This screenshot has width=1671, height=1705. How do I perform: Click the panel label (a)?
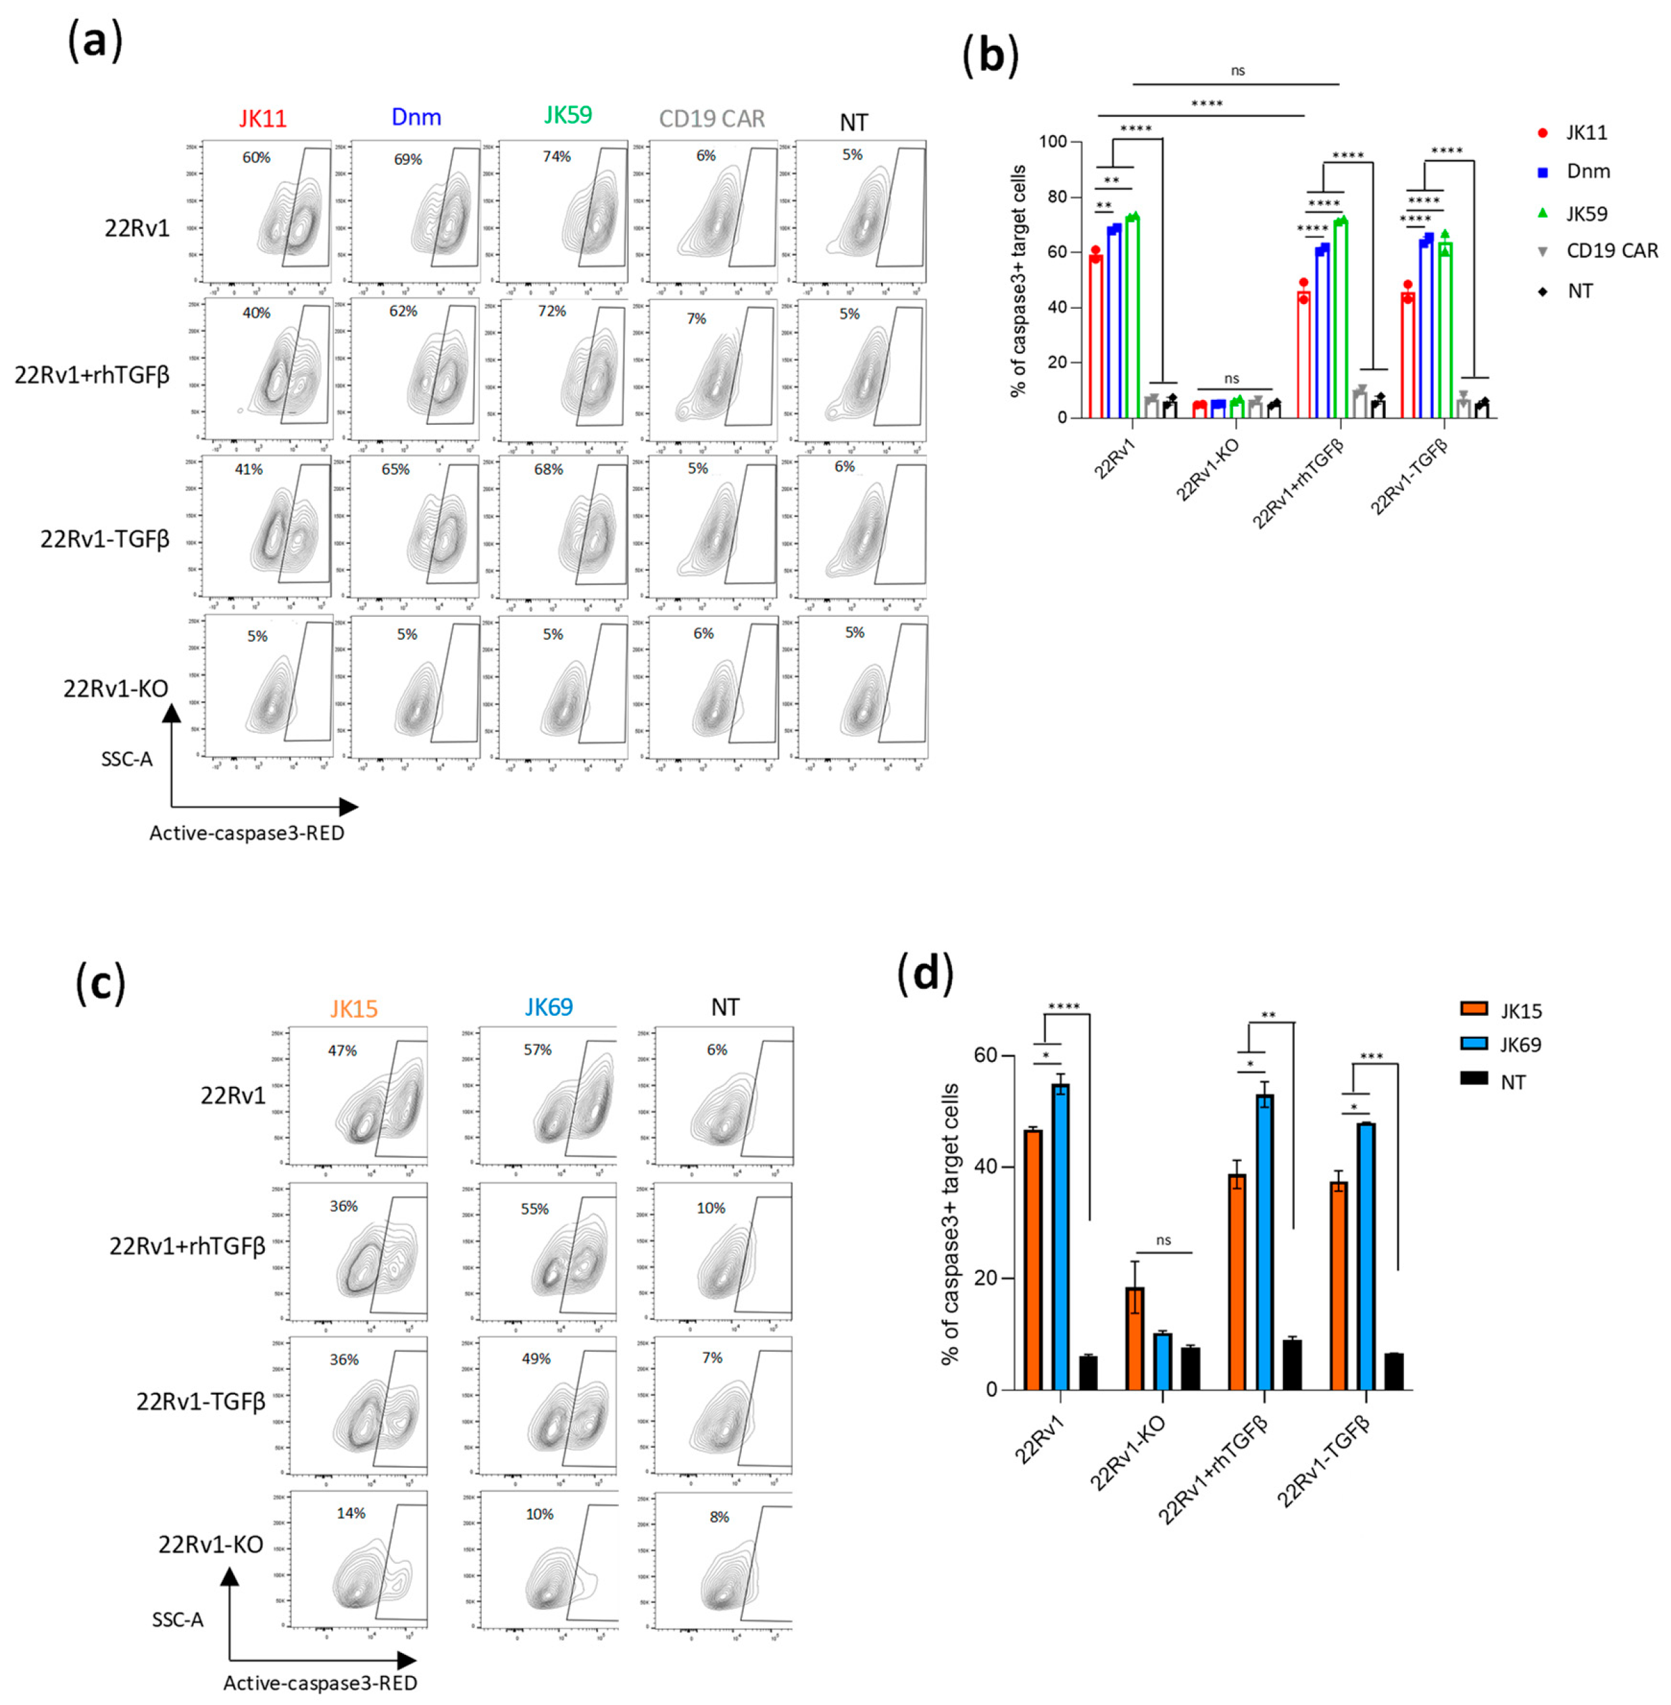pos(95,42)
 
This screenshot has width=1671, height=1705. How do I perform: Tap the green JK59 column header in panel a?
pos(568,115)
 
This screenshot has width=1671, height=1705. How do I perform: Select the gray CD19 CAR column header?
pos(712,118)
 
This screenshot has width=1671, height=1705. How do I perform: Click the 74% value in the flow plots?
pos(556,156)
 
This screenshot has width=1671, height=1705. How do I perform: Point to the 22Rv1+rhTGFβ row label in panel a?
pos(92,376)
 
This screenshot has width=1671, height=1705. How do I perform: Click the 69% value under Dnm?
pos(408,159)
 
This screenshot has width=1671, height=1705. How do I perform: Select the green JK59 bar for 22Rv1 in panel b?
pos(1132,316)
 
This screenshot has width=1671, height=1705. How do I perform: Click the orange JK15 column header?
pos(353,1009)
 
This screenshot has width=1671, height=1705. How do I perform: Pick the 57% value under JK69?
pos(537,1050)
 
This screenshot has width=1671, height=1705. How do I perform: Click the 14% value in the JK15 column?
pos(351,1513)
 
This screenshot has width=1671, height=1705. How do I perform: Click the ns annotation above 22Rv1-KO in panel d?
pos(1164,1240)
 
